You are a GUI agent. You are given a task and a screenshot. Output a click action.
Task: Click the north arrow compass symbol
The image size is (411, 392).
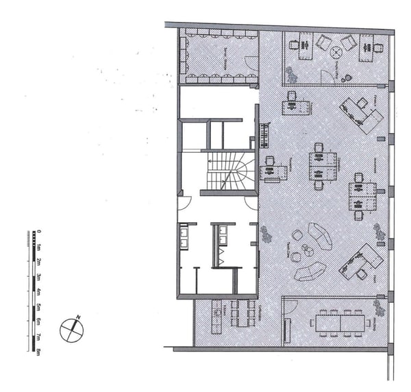click(x=71, y=330)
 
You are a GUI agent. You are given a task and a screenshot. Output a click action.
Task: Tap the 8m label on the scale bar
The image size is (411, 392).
click(x=39, y=352)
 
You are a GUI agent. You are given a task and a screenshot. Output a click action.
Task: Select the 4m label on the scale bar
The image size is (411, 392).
click(x=39, y=292)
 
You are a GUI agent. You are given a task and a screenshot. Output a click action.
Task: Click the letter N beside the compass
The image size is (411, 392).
click(x=79, y=317)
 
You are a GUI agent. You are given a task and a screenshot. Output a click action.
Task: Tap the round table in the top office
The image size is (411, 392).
click(x=336, y=51)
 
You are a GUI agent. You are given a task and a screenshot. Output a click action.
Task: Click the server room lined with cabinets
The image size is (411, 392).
click(x=217, y=56)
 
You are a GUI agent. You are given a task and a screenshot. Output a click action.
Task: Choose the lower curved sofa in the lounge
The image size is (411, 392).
click(x=310, y=271)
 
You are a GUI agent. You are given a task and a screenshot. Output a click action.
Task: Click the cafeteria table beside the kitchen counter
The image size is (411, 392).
click(x=242, y=314)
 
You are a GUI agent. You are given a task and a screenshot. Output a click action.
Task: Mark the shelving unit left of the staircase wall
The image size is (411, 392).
click(x=264, y=135)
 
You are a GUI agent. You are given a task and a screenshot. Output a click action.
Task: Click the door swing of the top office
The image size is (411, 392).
click(x=329, y=76)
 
